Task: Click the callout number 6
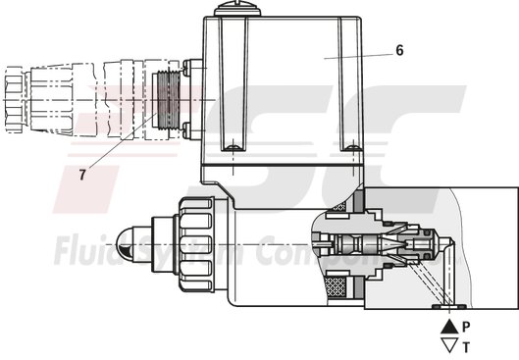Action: pos(399,48)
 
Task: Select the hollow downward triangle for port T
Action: pos(449,344)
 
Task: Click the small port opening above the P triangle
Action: pos(449,310)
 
